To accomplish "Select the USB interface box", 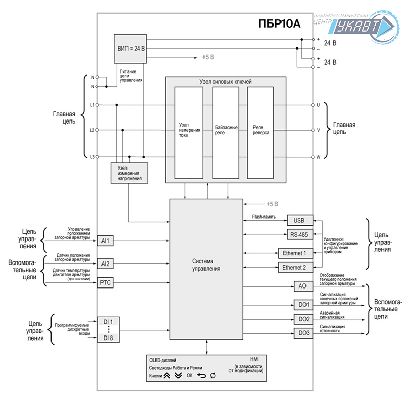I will tap(298, 220).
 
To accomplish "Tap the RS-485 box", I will tap(298, 235).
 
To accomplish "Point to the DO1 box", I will tap(304, 305).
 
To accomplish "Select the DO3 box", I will tap(304, 333).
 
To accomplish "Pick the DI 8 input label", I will tap(108, 338).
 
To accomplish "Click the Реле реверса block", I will tap(261, 132).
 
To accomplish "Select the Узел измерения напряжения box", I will tap(129, 174).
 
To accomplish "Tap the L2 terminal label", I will tap(92, 130).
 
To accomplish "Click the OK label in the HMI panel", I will tap(189, 376).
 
